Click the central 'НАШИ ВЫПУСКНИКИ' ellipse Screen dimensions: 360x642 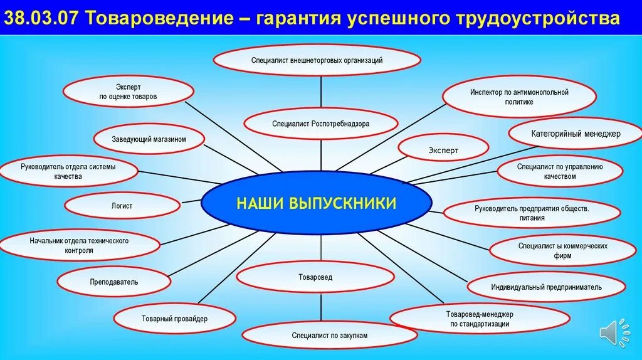pos(317,203)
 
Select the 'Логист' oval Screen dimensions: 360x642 pos(122,206)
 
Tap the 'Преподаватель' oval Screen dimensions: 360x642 pos(114,282)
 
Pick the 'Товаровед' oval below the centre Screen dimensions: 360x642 pos(315,277)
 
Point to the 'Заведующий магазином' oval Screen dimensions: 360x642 pos(149,139)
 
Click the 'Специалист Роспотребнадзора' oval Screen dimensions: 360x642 pos(321,124)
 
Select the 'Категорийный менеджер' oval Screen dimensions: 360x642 pos(576,134)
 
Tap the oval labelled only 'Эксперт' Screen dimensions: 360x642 pos(444,151)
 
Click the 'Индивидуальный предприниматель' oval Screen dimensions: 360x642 pos(546,287)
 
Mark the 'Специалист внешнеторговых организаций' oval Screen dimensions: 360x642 pos(317,60)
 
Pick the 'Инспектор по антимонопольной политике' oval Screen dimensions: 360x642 pos(519,97)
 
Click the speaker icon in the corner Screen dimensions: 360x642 pos(613,332)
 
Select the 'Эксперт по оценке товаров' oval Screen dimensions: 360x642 pos(128,92)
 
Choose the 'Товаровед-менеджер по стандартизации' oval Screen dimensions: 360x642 pos(480,319)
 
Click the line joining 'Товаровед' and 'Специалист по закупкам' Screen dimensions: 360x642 pos(321,308)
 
